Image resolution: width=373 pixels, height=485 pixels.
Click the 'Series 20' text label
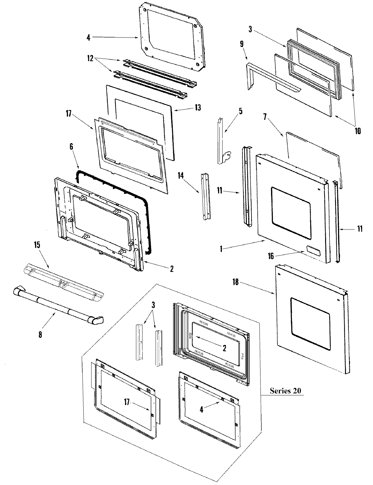click(285, 391)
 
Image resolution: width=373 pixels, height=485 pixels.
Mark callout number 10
click(357, 131)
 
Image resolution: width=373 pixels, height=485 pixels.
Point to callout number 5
click(241, 111)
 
